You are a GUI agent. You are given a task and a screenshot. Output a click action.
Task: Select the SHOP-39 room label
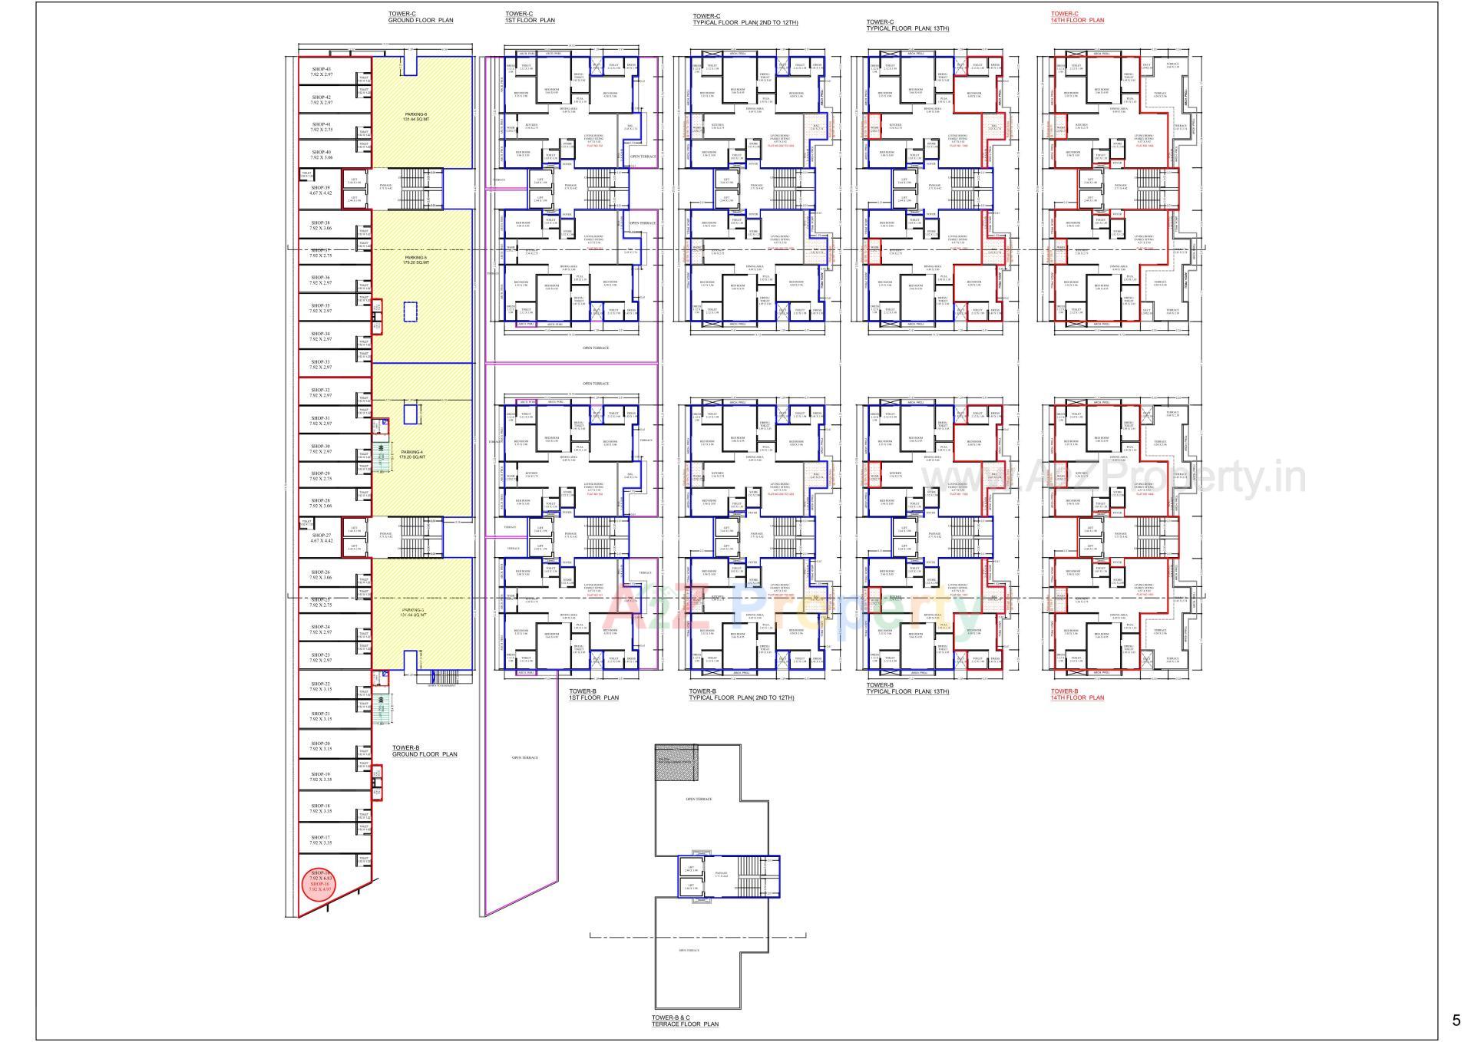click(321, 190)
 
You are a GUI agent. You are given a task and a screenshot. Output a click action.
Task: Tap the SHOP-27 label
click(321, 538)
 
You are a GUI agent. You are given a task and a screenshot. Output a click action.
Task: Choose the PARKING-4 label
click(411, 454)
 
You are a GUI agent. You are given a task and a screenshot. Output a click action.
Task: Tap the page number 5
click(1456, 1021)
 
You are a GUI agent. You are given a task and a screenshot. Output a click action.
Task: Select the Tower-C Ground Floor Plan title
click(421, 17)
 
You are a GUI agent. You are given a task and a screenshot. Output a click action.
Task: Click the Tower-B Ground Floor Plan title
click(424, 750)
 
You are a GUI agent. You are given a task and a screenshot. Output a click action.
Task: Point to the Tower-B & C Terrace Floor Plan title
click(685, 1021)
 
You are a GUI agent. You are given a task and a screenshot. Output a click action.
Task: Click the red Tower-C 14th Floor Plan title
click(1077, 17)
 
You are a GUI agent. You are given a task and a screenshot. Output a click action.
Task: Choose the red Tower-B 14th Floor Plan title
click(1077, 694)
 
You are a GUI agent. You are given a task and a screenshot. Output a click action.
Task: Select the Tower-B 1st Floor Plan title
click(593, 694)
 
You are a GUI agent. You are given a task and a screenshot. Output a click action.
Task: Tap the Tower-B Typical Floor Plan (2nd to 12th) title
click(741, 694)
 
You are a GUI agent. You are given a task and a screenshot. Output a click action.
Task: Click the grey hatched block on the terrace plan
click(676, 762)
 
